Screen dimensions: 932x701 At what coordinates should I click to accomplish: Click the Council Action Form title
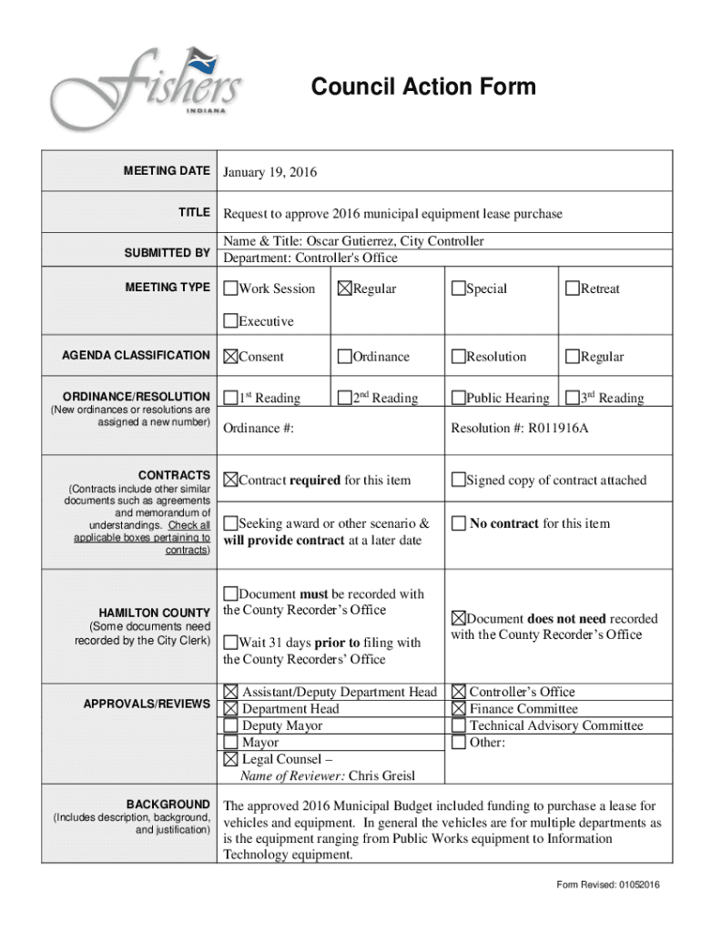[x=423, y=87]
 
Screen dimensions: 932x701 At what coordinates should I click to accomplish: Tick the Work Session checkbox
[x=231, y=289]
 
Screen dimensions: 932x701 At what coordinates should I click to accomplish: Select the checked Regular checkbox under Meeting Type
[x=344, y=289]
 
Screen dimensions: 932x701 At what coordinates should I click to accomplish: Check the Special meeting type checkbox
[x=458, y=289]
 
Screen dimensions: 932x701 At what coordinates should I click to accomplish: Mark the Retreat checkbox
[x=572, y=289]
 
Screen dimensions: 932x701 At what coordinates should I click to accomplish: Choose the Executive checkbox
[x=231, y=321]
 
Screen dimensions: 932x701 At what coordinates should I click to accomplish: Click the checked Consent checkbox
[x=231, y=357]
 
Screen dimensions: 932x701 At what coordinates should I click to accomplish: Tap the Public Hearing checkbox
[x=458, y=398]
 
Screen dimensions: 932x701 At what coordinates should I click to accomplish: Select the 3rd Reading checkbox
[x=572, y=398]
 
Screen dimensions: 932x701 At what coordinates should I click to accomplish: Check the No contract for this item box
[x=460, y=523]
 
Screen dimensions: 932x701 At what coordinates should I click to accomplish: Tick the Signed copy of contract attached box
[x=458, y=481]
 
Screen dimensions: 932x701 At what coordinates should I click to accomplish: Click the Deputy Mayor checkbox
[x=231, y=726]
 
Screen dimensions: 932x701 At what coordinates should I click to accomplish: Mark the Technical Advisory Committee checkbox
[x=459, y=726]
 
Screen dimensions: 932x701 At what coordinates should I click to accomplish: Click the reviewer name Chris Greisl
[x=381, y=776]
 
